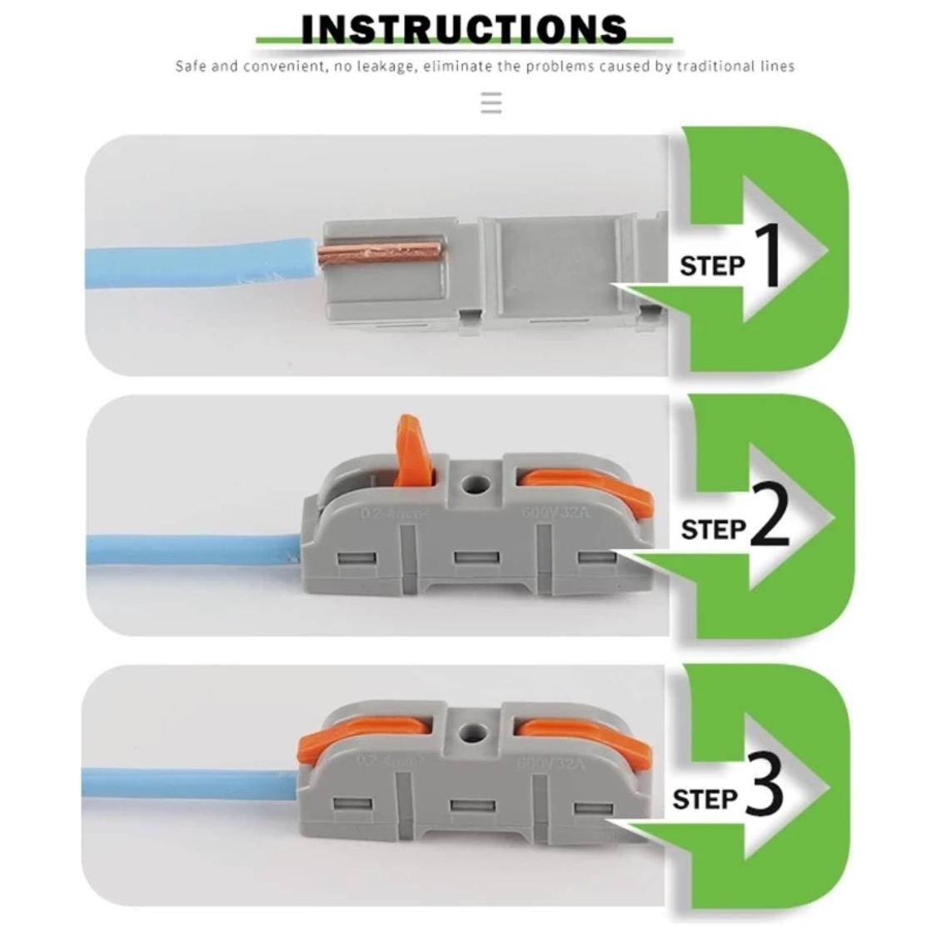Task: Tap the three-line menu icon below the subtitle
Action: click(x=491, y=103)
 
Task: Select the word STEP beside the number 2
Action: click(x=713, y=529)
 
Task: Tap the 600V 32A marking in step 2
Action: click(x=554, y=512)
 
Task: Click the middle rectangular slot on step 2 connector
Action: click(x=474, y=558)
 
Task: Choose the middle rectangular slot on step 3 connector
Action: click(x=472, y=805)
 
